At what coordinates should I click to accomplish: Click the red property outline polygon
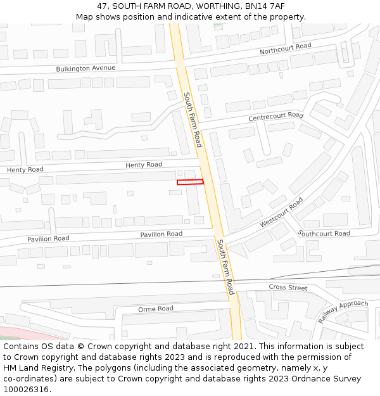coord(190,182)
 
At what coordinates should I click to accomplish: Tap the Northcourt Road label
coord(285,48)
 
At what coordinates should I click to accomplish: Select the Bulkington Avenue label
coord(85,68)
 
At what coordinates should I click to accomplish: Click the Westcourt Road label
coord(281,213)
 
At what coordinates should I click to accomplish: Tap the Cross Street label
coord(288,288)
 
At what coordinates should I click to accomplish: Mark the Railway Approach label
coord(343,312)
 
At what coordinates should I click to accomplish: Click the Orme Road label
coord(156,309)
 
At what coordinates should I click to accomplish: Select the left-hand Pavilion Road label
coord(48,239)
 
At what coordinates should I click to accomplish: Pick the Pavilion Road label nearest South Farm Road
coord(161,234)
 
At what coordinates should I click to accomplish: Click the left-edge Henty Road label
coord(25,170)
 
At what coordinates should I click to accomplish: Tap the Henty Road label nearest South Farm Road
coord(144,165)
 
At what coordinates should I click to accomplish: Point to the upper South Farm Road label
coord(193,120)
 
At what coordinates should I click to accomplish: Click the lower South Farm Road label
coord(225,267)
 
